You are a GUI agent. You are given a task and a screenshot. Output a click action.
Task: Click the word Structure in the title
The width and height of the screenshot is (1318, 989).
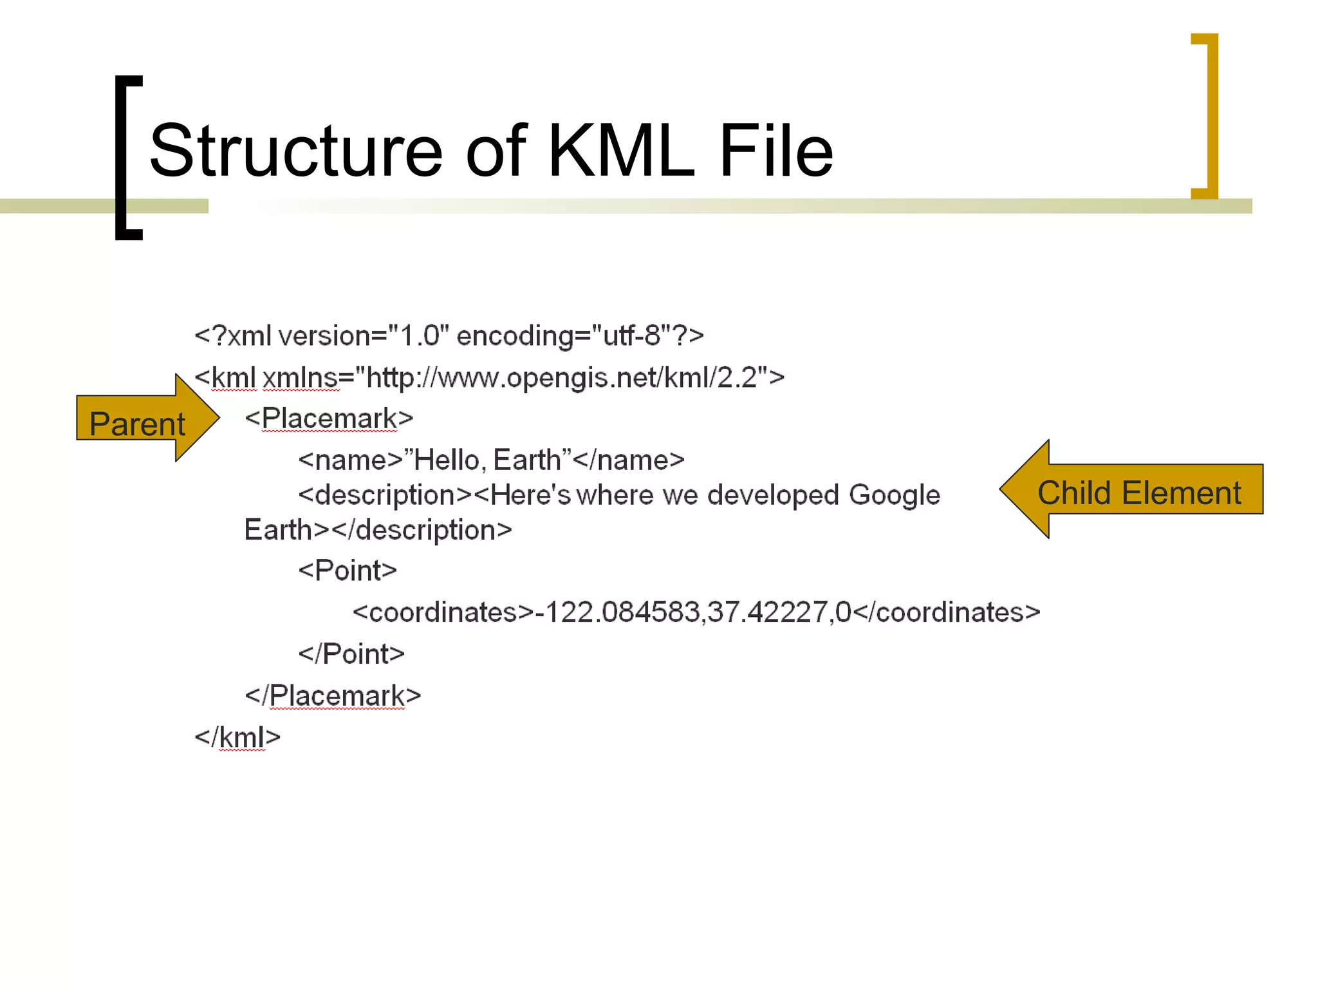[296, 151]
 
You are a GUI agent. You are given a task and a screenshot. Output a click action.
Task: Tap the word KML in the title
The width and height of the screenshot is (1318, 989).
[622, 151]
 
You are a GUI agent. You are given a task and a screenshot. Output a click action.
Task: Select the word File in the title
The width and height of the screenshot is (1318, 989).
[776, 151]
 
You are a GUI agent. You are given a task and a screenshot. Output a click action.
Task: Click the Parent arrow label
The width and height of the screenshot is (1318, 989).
[137, 424]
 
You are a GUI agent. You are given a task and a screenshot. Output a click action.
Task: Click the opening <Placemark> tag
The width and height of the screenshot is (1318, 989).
[329, 419]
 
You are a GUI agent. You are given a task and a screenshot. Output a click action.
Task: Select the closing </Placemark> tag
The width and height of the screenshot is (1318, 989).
[333, 696]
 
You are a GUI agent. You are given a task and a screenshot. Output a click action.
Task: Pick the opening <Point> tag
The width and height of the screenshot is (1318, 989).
[348, 570]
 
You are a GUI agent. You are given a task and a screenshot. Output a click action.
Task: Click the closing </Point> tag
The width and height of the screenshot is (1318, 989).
[351, 654]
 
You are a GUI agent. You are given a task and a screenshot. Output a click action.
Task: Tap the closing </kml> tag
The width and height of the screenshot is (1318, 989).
[237, 737]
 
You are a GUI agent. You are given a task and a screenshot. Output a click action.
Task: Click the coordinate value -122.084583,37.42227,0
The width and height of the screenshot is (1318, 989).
[693, 612]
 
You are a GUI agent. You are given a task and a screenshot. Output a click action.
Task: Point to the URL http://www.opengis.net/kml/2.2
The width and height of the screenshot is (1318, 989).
[561, 378]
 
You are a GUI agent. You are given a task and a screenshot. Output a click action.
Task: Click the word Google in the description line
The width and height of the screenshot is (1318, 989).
[894, 495]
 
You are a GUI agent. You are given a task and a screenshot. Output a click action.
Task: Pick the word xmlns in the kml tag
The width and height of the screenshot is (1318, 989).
[301, 378]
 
